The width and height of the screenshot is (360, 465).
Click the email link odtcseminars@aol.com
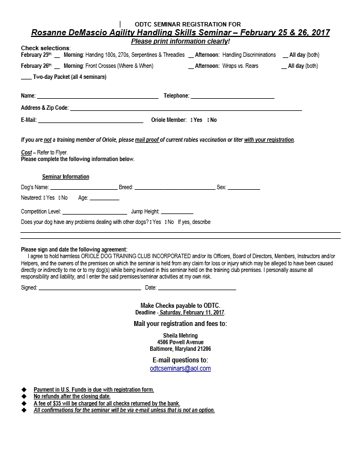click(x=180, y=368)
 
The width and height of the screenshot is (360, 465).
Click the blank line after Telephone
click(x=232, y=97)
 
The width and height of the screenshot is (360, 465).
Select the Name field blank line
click(x=98, y=97)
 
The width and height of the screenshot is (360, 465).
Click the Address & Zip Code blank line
click(x=186, y=110)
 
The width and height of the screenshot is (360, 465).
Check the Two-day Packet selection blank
click(x=26, y=78)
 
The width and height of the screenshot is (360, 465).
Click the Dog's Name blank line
click(x=84, y=189)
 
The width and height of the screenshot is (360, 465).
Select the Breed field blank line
click(x=175, y=189)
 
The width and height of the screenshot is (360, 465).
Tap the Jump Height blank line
click(x=177, y=213)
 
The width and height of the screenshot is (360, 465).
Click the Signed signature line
click(x=89, y=289)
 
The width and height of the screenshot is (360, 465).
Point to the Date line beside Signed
click(x=197, y=289)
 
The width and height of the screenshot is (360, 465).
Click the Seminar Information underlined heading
click(x=66, y=177)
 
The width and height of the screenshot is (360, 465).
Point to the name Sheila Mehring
click(x=181, y=335)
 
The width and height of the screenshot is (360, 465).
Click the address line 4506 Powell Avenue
click(x=181, y=342)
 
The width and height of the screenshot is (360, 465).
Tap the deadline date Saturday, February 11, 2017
click(x=188, y=313)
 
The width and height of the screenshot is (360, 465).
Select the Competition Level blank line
click(x=94, y=213)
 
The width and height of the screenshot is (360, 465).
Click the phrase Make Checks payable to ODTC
click(x=180, y=305)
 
